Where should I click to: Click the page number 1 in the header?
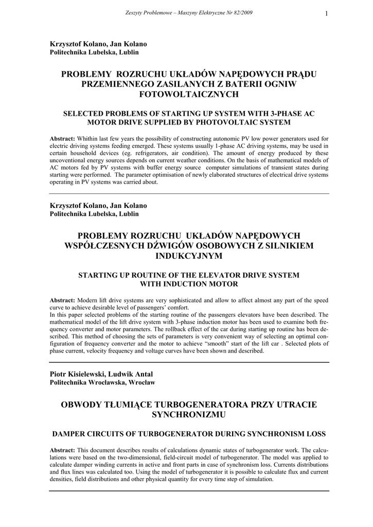point(326,13)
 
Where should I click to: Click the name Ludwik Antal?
point(132,374)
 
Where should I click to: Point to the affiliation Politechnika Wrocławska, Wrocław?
point(102,382)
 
